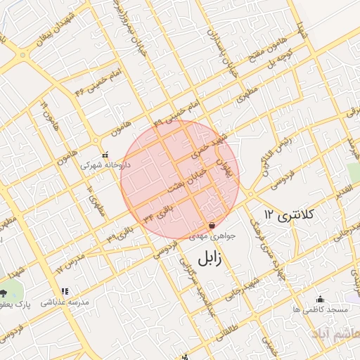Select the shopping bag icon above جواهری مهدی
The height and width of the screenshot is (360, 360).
[x=212, y=226]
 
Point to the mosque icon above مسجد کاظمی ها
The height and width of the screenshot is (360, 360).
[x=321, y=298]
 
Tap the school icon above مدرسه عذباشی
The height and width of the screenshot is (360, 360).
[x=65, y=291]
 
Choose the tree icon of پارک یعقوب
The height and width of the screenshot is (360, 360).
[x=4, y=292]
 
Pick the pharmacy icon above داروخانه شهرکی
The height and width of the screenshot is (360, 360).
[x=105, y=155]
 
